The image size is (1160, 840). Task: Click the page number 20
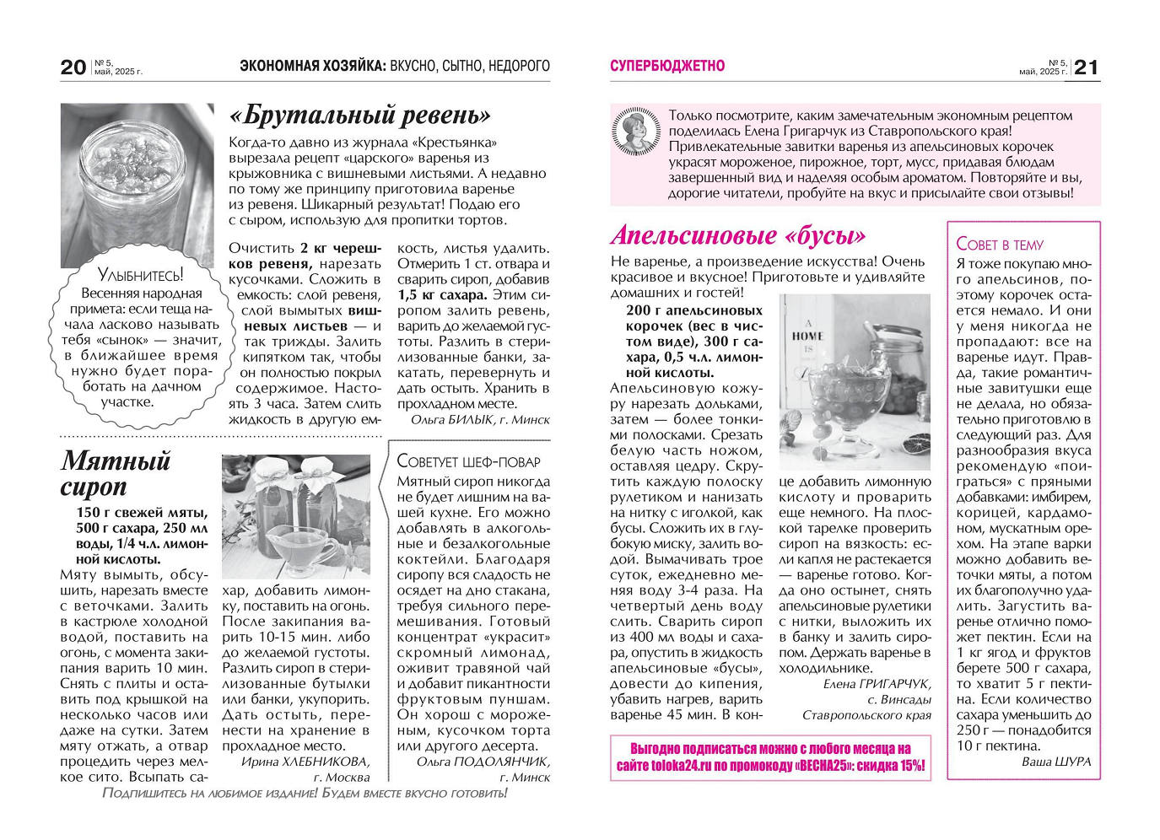coord(73,67)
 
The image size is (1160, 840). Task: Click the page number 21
coord(1087,67)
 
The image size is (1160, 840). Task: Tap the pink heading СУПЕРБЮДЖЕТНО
coord(666,66)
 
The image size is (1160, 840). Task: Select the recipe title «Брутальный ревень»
coord(359,115)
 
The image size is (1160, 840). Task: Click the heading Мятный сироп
coord(116,473)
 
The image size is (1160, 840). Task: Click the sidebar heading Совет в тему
coord(1000,245)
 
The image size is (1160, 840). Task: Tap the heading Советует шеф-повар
coord(468,461)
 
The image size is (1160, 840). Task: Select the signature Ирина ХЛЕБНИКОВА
coord(305,762)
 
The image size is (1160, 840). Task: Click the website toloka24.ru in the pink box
coord(678,766)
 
